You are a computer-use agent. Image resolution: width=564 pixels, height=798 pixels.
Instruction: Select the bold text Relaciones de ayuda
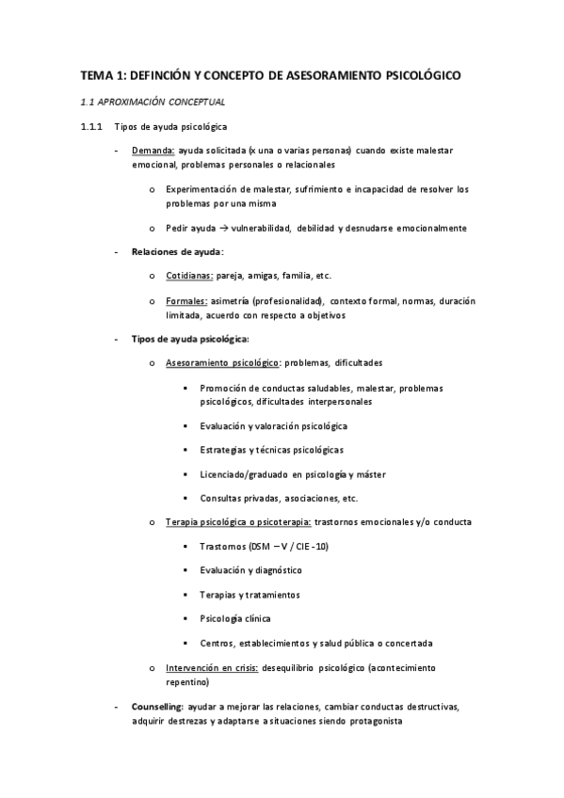[x=177, y=252]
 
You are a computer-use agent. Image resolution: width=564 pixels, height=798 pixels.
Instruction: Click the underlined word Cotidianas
[x=188, y=276]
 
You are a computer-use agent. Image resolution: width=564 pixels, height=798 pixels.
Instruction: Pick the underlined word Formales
[x=185, y=301]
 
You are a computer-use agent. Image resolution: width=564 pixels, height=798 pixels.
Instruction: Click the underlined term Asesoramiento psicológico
[x=221, y=363]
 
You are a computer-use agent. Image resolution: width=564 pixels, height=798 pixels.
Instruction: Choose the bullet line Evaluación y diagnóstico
[x=250, y=570]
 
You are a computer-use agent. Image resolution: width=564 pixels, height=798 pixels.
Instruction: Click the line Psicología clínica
[x=235, y=618]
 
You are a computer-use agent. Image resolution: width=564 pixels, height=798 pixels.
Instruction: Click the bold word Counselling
[x=157, y=706]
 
